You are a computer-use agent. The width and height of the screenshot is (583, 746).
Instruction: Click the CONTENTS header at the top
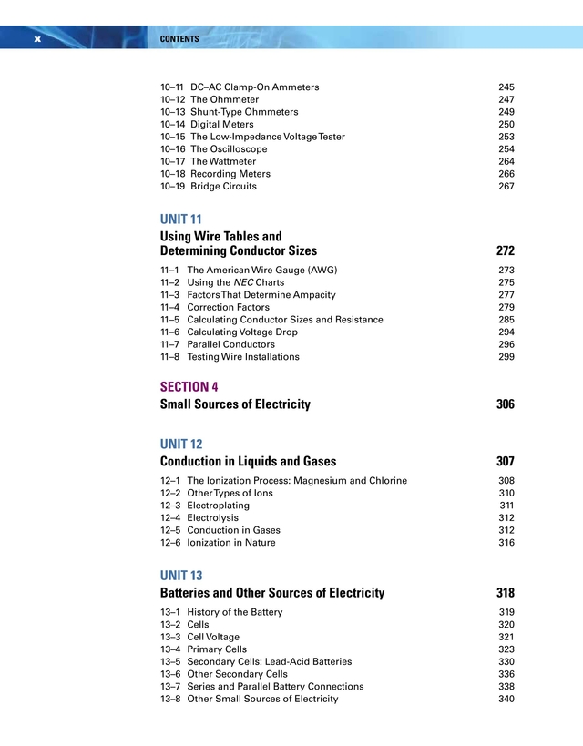(179, 39)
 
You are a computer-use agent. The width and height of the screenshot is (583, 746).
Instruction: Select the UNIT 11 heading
(180, 220)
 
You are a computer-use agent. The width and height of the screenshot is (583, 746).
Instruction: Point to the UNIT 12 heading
(181, 445)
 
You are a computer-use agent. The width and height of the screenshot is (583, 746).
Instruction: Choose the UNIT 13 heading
(181, 576)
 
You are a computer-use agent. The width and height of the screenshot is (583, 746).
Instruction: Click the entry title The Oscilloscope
(229, 149)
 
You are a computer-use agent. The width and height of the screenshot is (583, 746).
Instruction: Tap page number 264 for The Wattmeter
(506, 161)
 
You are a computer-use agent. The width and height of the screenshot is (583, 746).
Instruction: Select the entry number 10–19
(172, 186)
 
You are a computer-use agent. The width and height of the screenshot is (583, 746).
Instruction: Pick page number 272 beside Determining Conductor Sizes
(505, 250)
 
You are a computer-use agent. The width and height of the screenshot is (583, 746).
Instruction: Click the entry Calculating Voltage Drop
(242, 332)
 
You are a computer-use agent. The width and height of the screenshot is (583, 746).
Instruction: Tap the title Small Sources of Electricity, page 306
(235, 404)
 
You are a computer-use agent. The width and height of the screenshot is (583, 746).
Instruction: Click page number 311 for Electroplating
(506, 505)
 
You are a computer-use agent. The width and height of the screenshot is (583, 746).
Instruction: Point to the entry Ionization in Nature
(231, 542)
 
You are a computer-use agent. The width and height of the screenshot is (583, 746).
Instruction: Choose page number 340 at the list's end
(506, 699)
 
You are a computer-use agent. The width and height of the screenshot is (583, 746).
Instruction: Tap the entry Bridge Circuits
(223, 186)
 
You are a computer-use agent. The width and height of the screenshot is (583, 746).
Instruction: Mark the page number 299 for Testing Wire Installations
(506, 357)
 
